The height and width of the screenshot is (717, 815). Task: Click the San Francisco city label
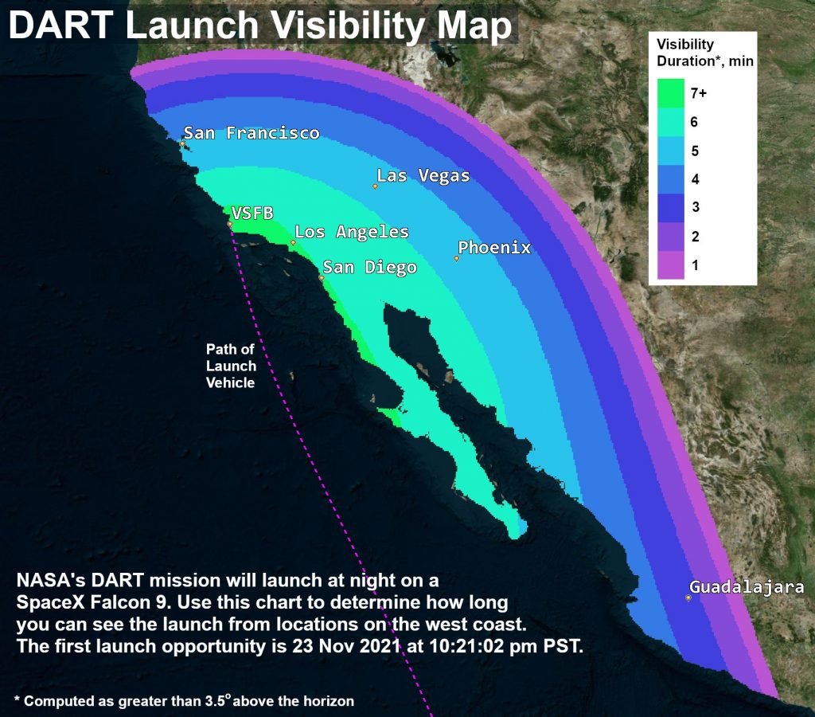coord(252,133)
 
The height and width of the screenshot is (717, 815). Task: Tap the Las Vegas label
coord(423,175)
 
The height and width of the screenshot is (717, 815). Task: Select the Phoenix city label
coord(493,248)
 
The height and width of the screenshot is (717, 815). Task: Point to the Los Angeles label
coord(351,232)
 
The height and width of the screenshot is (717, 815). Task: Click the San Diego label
coord(369,267)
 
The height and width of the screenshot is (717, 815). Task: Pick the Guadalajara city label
coord(747,587)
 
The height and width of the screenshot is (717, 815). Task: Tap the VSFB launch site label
coord(252,213)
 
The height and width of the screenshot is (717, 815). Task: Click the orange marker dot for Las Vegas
coord(375,186)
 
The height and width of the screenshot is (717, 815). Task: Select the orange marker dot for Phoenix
coord(457,258)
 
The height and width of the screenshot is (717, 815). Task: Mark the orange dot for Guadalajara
coord(688,597)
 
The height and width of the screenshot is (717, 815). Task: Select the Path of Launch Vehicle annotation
coord(231,366)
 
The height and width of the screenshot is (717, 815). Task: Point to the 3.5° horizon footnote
coord(184,700)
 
